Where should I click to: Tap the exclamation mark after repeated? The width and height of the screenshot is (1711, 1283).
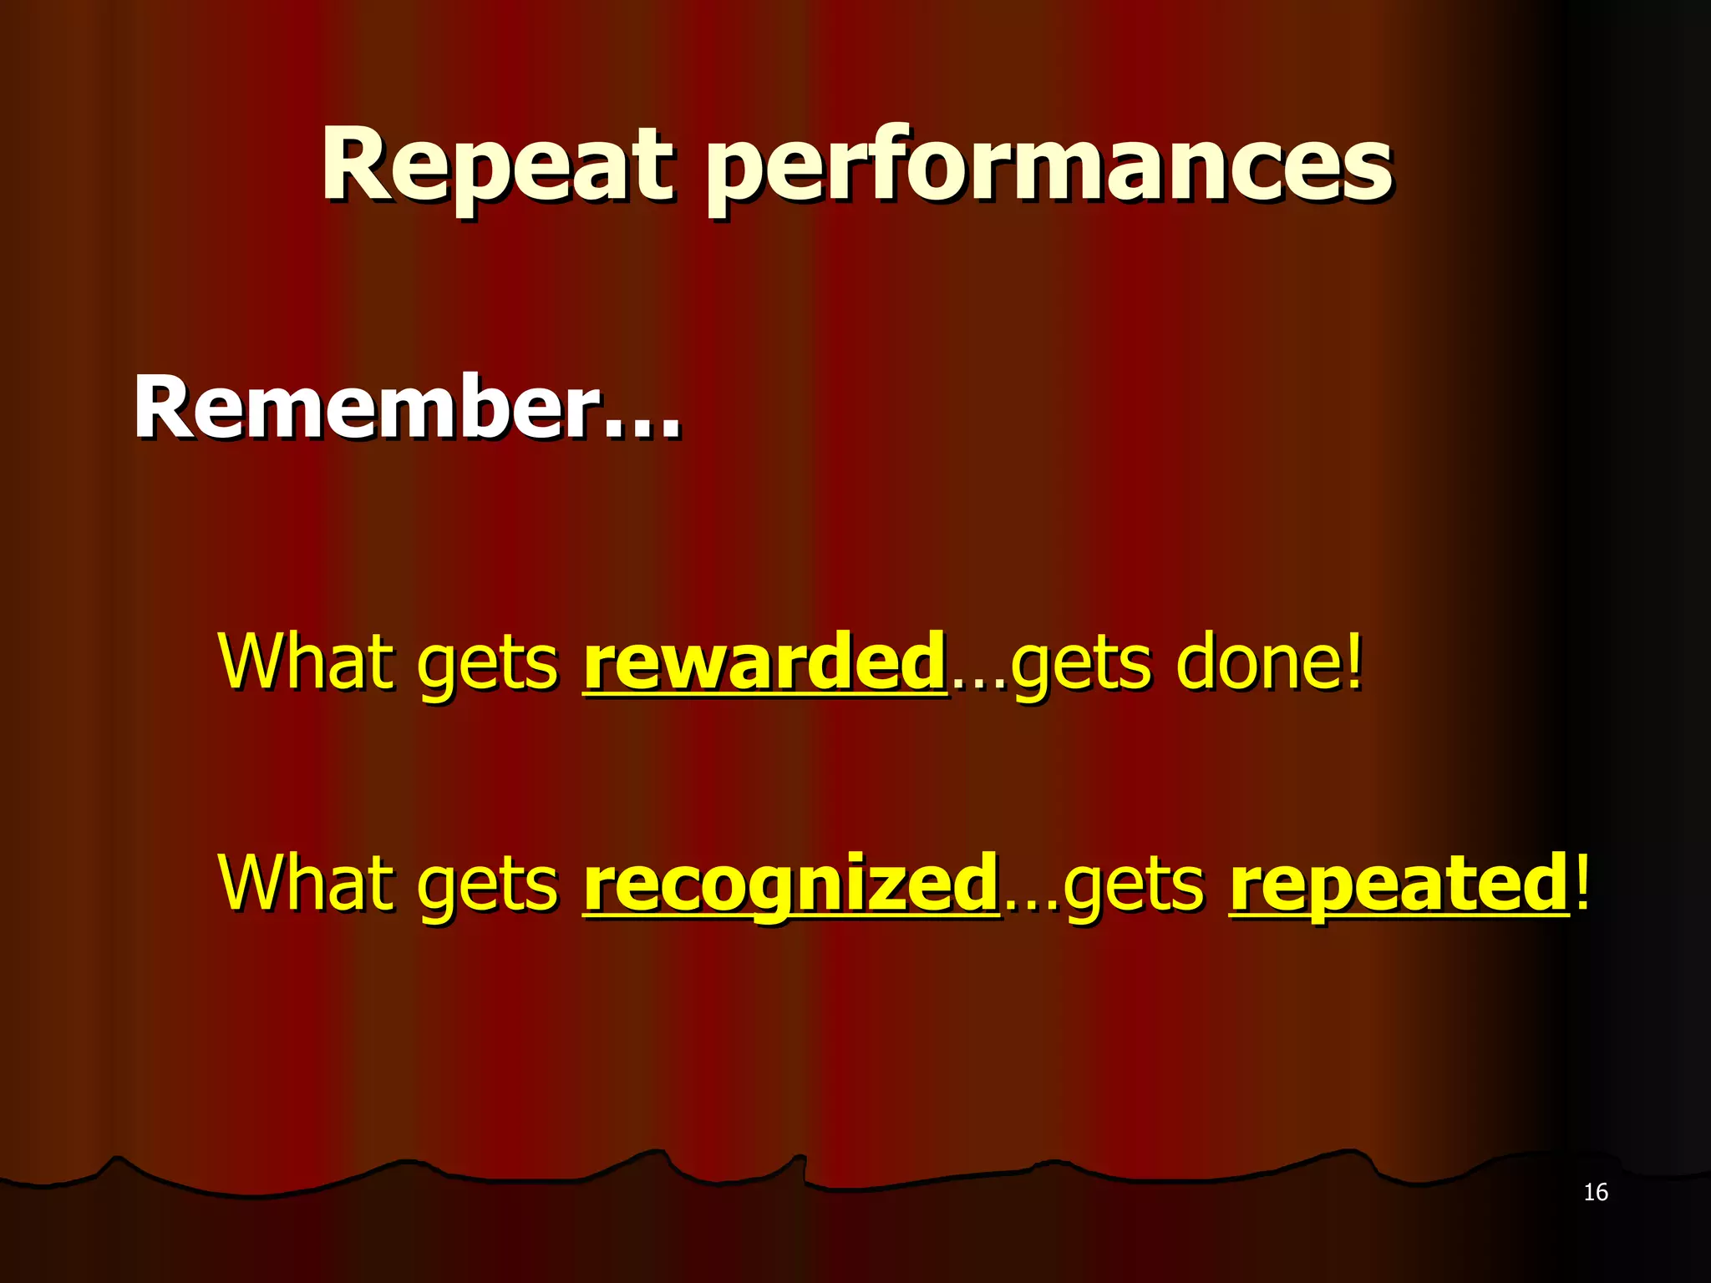(x=1582, y=881)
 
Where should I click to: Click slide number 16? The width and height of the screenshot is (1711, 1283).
(x=1595, y=1192)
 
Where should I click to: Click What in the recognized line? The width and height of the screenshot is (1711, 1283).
(x=306, y=884)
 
